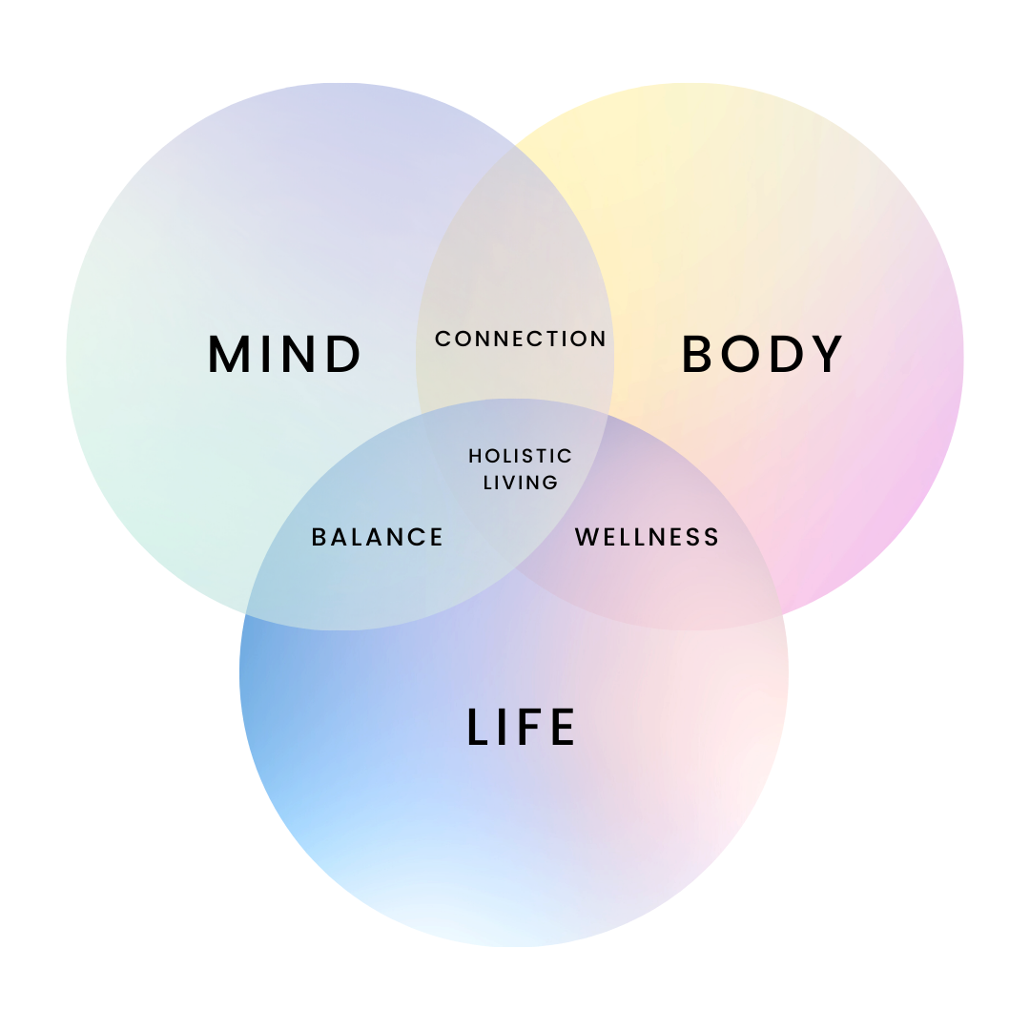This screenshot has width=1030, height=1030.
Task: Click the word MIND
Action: click(x=284, y=354)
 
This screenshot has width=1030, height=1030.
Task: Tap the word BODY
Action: click(x=762, y=354)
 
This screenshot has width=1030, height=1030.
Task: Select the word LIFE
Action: click(x=521, y=727)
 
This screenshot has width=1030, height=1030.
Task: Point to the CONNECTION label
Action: click(x=521, y=339)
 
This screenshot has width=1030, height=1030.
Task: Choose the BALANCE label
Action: click(x=378, y=537)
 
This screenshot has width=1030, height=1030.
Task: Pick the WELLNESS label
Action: click(x=647, y=537)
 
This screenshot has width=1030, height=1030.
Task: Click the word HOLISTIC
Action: click(x=521, y=457)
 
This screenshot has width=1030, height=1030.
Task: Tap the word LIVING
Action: click(x=521, y=483)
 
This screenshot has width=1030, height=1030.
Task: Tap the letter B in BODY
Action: click(x=698, y=354)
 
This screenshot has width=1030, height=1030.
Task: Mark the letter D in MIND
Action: click(x=343, y=354)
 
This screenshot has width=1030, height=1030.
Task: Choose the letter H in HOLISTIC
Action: click(x=475, y=457)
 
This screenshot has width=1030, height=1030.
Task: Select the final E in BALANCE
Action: click(x=437, y=537)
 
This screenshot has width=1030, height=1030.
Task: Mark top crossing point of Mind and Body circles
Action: click(x=515, y=144)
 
